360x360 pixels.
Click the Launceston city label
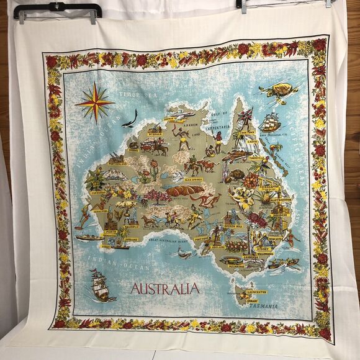[x=254, y=291]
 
